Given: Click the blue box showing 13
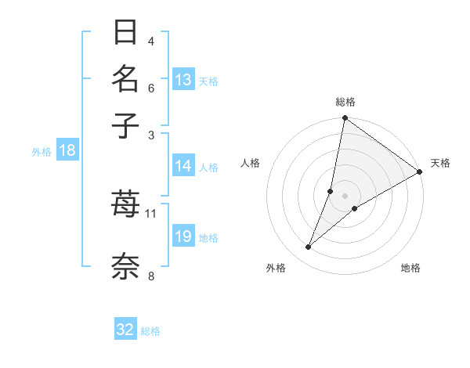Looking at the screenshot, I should (183, 80).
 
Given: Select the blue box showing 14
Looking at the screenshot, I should (183, 166).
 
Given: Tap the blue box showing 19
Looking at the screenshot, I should (183, 237).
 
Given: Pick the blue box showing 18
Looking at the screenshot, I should (67, 151).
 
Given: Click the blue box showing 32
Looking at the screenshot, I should (125, 330).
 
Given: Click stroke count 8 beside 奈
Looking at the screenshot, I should (151, 275).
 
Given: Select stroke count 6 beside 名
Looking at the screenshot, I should (151, 89).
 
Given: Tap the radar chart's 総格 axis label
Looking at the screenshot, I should (345, 102).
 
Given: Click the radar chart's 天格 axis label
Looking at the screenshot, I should (440, 163).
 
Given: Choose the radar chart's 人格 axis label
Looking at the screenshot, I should (251, 163).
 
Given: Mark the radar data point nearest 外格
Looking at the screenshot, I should (309, 247).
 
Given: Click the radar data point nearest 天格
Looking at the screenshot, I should (420, 171).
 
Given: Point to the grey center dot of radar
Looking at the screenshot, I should (345, 195).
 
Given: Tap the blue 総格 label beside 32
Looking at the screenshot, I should (150, 330).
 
